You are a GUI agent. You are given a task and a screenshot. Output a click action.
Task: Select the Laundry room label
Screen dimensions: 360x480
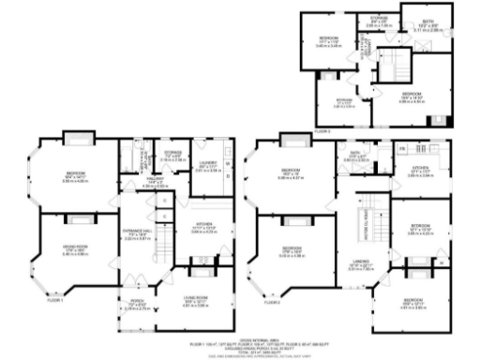[x=207, y=166]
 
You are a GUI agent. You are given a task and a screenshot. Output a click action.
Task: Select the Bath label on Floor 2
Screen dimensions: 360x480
[x=355, y=155]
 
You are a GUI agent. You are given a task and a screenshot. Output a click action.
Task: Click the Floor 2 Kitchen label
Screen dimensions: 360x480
[x=418, y=169]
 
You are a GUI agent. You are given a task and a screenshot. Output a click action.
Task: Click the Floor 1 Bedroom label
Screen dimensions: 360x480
[x=74, y=173]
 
